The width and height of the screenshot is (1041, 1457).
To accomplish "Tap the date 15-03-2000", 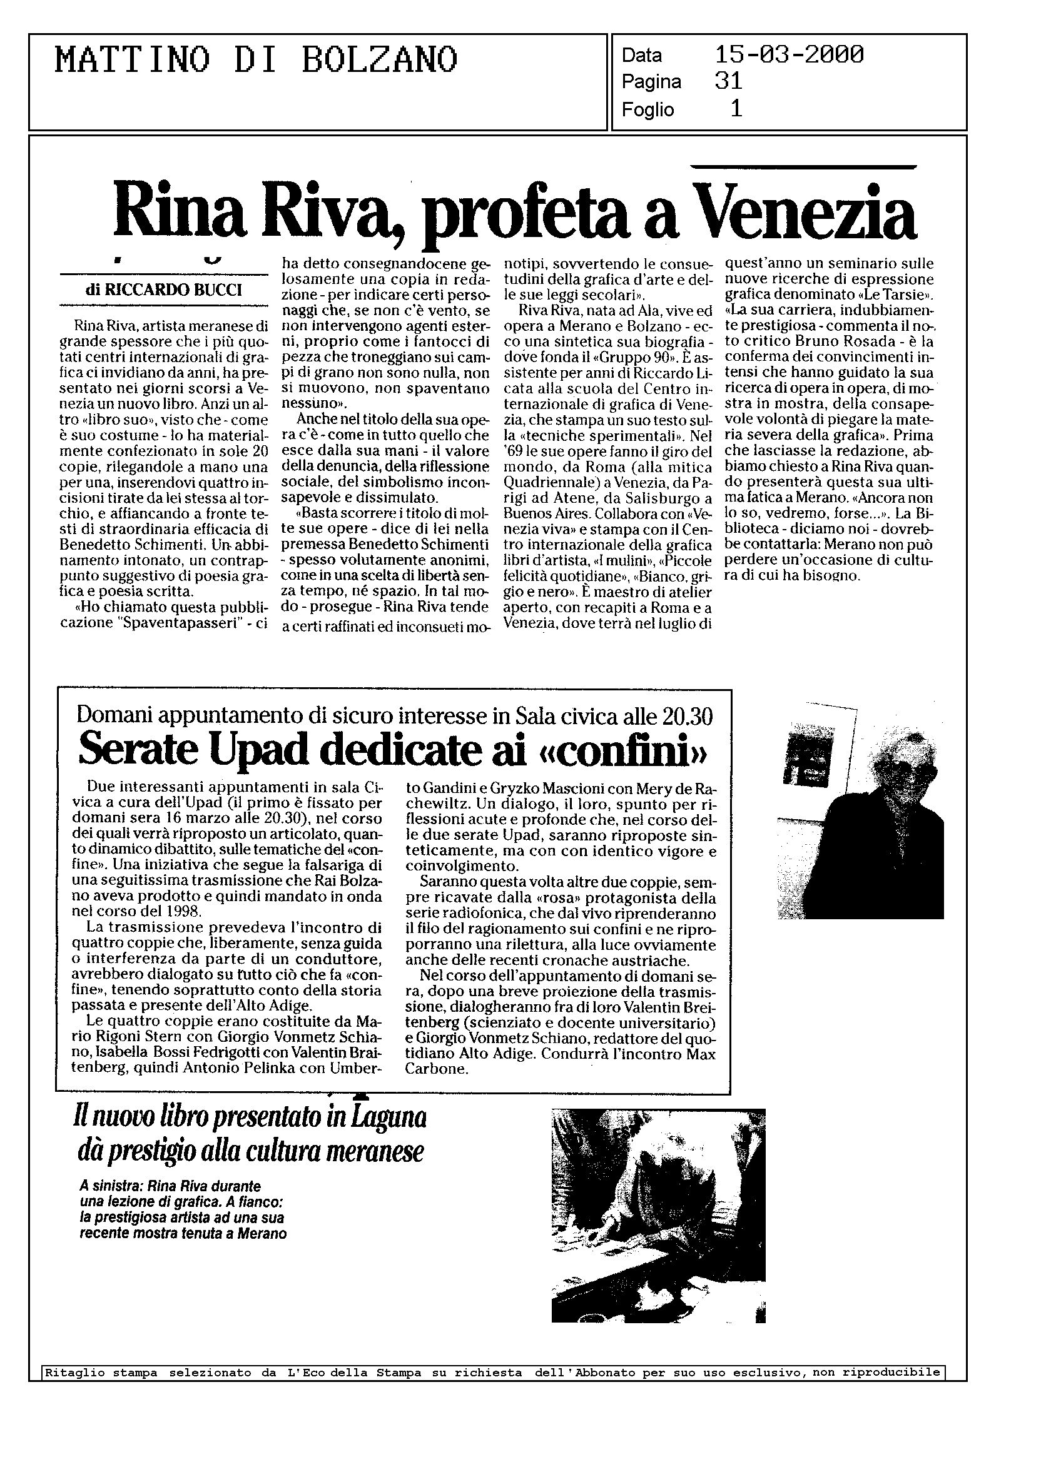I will point(789,55).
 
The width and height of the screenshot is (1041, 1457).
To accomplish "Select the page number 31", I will point(728,81).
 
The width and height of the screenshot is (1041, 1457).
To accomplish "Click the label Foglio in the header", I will point(647,110).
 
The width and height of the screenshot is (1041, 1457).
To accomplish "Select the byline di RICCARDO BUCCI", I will point(163,290).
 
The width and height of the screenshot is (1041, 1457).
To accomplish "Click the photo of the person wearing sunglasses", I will point(860,812).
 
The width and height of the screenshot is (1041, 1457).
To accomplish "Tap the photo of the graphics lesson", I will point(658,1215).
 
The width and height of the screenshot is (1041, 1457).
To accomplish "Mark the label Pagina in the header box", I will point(651,83).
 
